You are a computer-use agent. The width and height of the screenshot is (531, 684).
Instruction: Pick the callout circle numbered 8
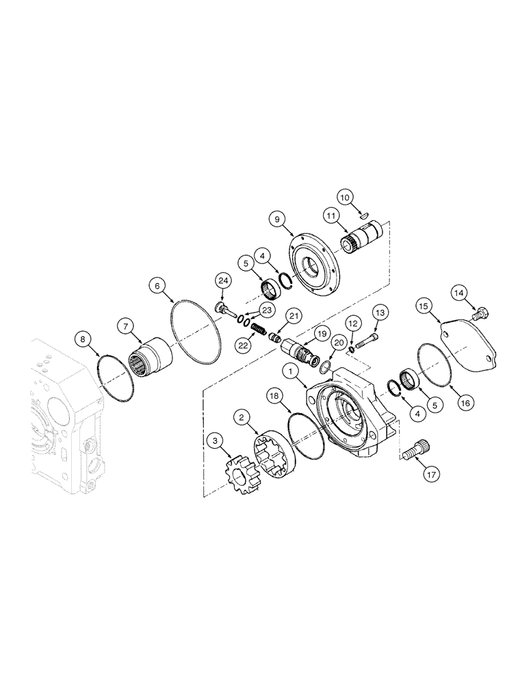[x=82, y=339]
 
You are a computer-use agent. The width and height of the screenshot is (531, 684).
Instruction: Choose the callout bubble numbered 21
[x=294, y=315]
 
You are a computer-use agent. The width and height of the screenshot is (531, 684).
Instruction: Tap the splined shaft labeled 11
[x=363, y=240]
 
